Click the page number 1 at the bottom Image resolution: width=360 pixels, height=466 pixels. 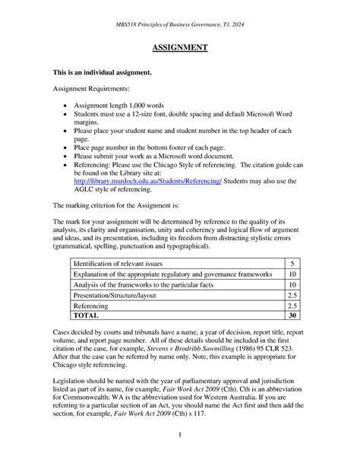coord(180,434)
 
